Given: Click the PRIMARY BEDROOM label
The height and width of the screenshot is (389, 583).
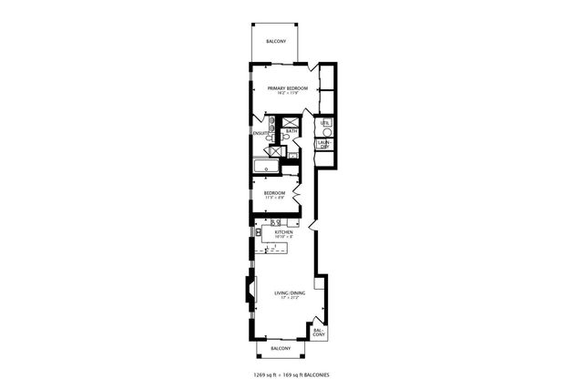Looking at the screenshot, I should pos(287,87).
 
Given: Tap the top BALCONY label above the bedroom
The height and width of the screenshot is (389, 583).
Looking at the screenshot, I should pos(276,42).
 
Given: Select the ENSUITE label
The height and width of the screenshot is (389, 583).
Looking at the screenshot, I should pos(261,133).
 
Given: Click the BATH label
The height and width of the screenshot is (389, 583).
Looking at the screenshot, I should pos(291,131).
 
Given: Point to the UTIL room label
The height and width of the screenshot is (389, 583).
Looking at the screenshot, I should pos(323,122).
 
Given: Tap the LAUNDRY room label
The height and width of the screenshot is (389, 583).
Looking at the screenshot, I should pos(323,144).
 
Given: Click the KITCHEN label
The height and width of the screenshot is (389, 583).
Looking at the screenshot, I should pos(282,232).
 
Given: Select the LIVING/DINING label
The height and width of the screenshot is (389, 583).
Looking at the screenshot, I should pos(289,292).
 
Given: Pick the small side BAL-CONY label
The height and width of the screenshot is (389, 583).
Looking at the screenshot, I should pos(319,333).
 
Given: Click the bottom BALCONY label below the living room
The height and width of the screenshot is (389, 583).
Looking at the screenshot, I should pos(281,348).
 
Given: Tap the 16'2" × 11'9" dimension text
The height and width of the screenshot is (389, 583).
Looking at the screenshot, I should pos(288,93).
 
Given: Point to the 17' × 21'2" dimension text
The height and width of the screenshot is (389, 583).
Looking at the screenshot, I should pos(289,297).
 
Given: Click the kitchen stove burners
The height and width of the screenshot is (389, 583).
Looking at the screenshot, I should pos(275,221).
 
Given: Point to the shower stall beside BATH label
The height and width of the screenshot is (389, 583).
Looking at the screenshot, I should pos(290,122).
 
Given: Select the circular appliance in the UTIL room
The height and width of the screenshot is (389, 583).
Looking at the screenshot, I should pos(327,132).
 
